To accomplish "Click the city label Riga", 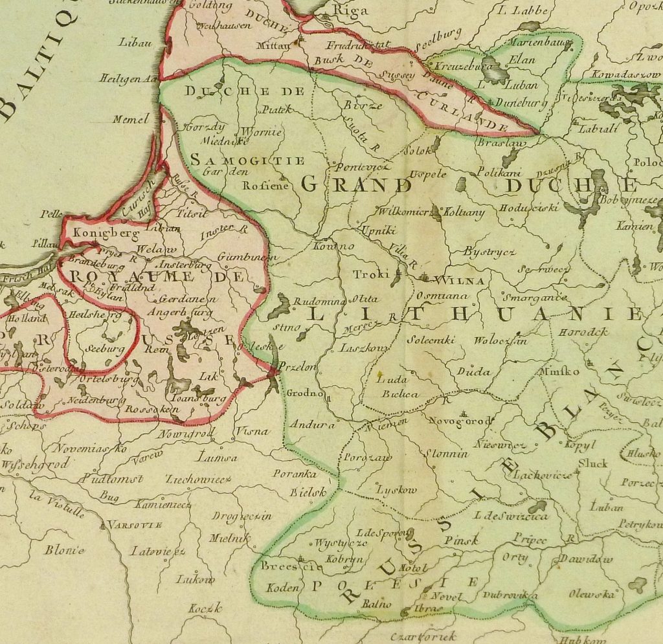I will pyautogui.click(x=350, y=10).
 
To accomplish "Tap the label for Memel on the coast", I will pyautogui.click(x=131, y=119).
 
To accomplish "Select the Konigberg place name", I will pyautogui.click(x=98, y=232).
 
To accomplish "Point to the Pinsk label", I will pyautogui.click(x=462, y=540).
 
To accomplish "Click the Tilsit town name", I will pyautogui.click(x=191, y=211).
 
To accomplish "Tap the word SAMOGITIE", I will pyautogui.click(x=247, y=160).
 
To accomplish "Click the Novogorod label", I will pyautogui.click(x=460, y=420).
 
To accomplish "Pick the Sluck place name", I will pyautogui.click(x=592, y=463).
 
